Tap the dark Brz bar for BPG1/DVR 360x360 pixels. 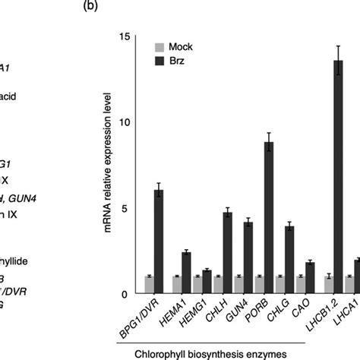tap(159, 242)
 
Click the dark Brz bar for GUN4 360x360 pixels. tap(248, 258)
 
